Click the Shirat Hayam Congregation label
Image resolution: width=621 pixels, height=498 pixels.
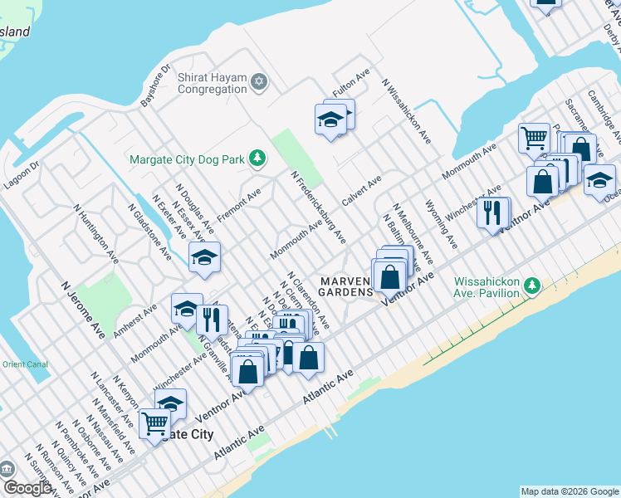coord(212,83)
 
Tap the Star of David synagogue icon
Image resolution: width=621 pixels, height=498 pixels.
coord(259,81)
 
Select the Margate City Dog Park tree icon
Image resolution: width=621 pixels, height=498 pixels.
coord(257,157)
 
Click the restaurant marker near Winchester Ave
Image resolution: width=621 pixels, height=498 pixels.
coord(493,212)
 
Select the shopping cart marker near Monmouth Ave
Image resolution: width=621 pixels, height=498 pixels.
coord(534,137)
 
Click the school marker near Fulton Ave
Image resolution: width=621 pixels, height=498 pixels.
coord(330,120)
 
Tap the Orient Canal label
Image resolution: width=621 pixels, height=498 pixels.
coord(18,364)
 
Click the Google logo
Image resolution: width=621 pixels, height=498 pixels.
coord(27,488)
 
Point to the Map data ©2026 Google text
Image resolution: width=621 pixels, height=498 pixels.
coord(569,491)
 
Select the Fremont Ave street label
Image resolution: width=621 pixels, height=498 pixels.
coord(239,204)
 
